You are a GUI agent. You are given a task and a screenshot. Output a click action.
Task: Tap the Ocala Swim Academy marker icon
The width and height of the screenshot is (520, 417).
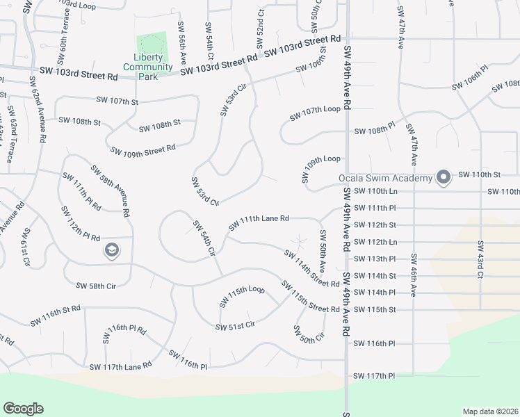pos(443,178)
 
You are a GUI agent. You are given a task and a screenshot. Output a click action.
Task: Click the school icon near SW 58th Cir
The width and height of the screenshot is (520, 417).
pos(111,250)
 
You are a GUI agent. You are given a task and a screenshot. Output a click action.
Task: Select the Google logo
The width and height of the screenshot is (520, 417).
pos(23,409)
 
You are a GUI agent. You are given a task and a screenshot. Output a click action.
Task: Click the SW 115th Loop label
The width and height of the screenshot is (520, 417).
pos(242,297)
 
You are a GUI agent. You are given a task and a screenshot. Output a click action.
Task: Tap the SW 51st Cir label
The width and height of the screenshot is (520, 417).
pos(236,325)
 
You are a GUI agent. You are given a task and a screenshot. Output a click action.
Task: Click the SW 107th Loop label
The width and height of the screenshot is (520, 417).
pos(316,110)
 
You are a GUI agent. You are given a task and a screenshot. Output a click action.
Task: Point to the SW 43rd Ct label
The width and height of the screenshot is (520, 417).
pos(480,259)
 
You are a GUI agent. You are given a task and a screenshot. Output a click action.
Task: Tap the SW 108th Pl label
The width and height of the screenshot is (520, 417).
pos(375,131)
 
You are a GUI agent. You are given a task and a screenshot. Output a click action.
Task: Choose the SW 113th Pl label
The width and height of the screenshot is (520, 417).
pos(374,259)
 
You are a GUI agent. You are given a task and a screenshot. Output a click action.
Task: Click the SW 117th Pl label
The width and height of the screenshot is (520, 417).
pos(374,376)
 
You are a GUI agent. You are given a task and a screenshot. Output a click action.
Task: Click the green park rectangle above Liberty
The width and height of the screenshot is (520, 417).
pos(152,42)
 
